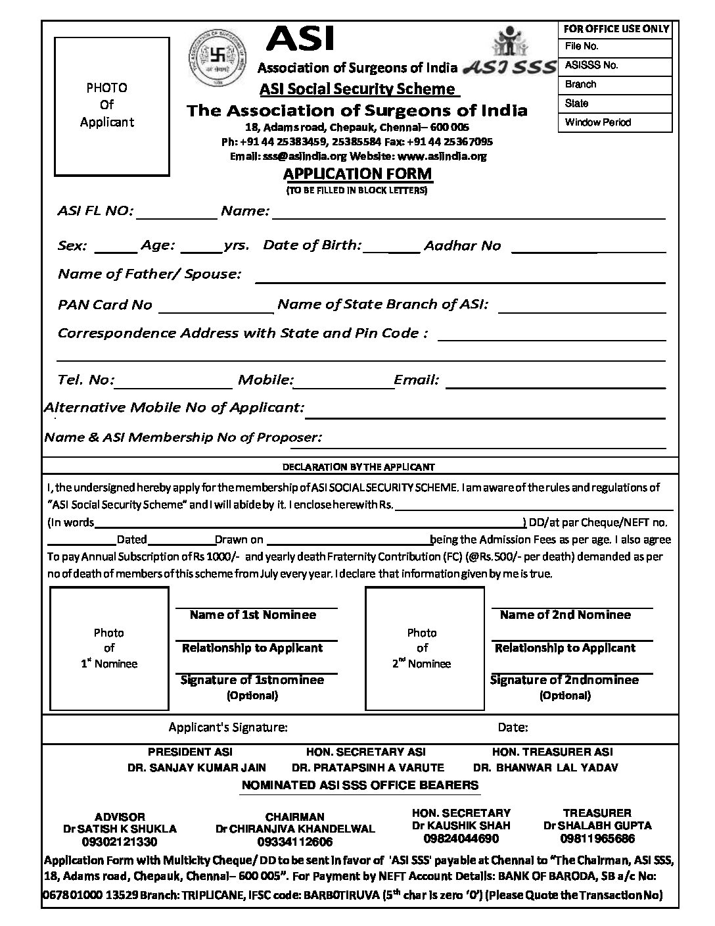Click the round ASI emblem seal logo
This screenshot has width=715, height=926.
coord(221,59)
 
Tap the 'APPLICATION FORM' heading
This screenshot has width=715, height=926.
coord(357,174)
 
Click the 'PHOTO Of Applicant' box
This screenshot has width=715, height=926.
coord(106,105)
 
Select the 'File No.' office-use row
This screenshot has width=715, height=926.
coord(615,47)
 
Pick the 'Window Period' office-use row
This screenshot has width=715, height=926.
coord(615,122)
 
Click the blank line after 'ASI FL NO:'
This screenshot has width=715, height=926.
coord(176,214)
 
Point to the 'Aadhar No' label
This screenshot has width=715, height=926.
coord(462,246)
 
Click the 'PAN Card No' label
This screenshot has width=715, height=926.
coord(105,305)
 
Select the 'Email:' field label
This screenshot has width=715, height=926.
coord(416,379)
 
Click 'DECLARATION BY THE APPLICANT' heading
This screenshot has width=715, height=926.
coord(358,467)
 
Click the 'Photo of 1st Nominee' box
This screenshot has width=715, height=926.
coord(109,648)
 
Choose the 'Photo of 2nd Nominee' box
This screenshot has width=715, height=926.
coord(422,648)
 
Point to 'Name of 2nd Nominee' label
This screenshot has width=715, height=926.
coord(565,615)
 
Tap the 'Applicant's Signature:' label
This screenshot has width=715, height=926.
coord(227,727)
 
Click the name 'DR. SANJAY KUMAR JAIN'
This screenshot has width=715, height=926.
coord(197,768)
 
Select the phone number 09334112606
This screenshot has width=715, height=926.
coord(295,842)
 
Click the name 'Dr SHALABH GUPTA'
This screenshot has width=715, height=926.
coord(597,825)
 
